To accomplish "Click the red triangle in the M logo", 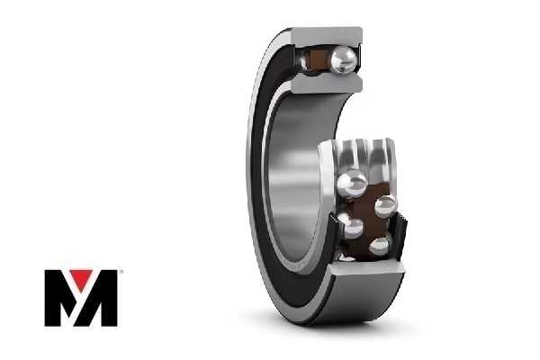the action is point(81,279).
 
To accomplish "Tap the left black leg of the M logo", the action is point(54,298).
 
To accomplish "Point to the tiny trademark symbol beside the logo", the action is point(120,272).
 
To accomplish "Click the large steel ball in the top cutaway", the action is point(343,60).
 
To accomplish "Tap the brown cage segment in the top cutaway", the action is point(318,61).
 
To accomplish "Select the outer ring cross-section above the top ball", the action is point(327,36).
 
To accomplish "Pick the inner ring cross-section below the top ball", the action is point(327,84).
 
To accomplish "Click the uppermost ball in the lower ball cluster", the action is point(352,184).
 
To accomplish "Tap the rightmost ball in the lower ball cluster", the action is point(385,206).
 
